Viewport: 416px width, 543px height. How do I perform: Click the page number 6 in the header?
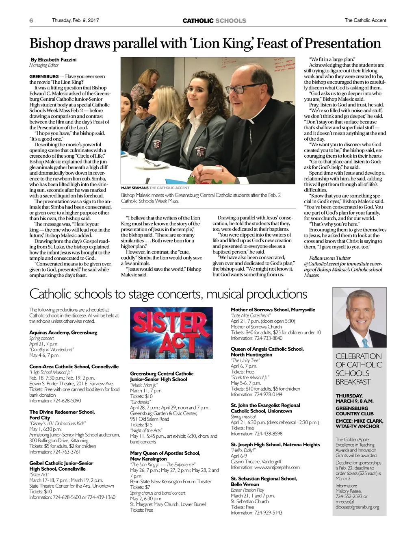coord(31,20)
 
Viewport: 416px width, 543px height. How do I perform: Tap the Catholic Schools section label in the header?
coord(214,21)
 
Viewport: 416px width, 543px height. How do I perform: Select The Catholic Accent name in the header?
coord(365,20)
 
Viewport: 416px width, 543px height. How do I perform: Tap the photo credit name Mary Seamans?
coord(134,188)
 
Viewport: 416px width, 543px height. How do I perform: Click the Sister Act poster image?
coord(171,333)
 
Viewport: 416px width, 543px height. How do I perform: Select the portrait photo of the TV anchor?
coord(359,317)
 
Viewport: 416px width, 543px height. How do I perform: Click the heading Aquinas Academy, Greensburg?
coord(63,332)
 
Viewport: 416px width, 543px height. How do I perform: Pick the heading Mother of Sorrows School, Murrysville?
coord(273,310)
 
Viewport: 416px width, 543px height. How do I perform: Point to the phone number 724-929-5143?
coord(268,513)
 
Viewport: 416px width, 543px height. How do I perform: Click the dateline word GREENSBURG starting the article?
coord(44,76)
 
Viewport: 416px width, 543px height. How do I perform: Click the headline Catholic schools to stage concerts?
coord(168,294)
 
